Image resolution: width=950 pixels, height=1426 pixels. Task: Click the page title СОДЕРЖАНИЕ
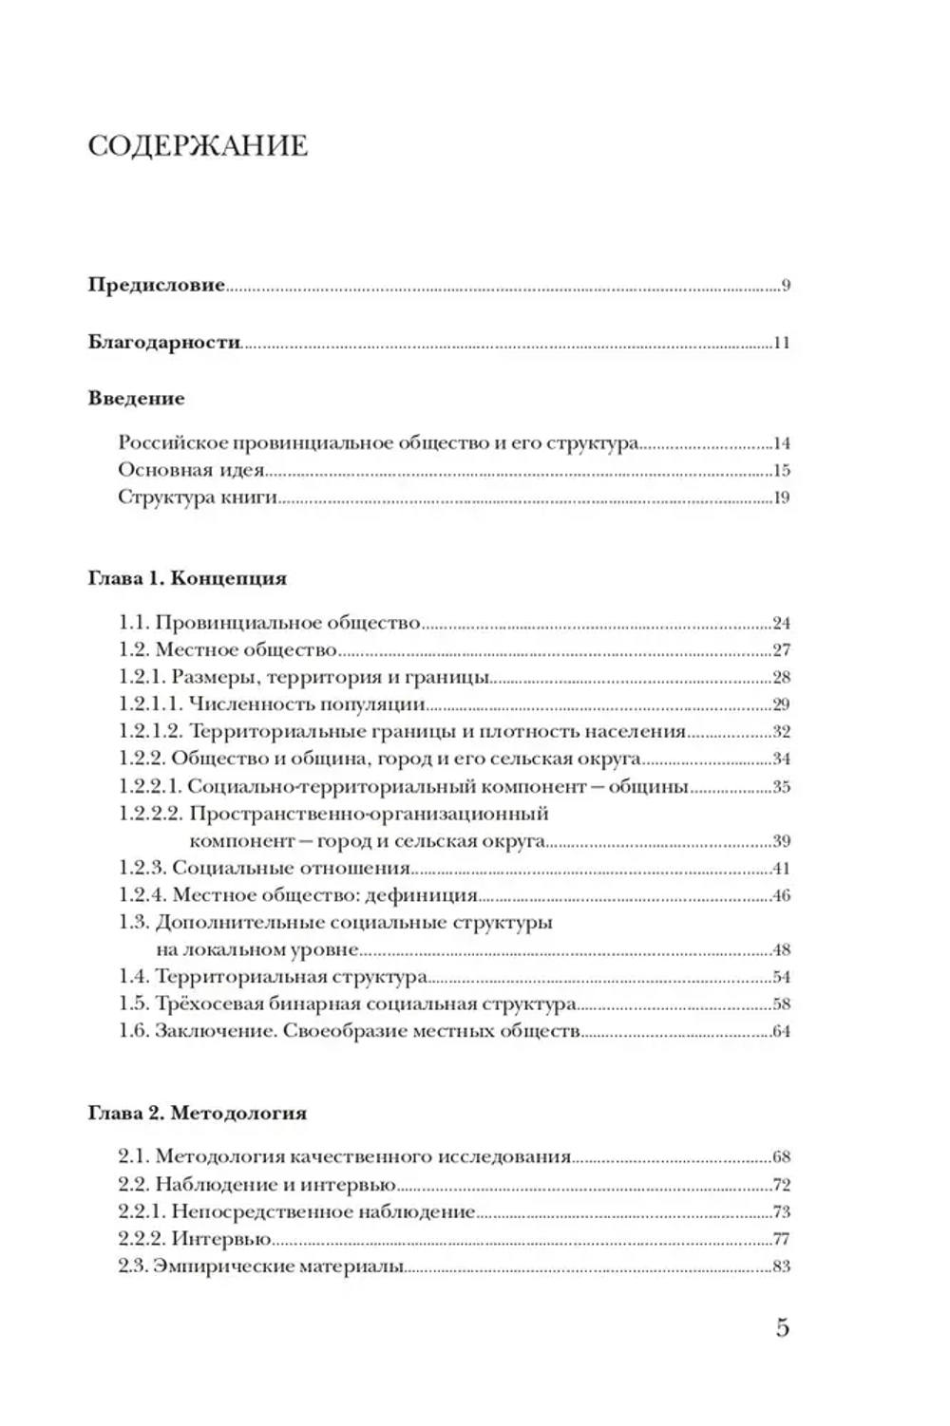point(198,146)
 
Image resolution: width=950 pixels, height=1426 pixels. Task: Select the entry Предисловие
point(157,285)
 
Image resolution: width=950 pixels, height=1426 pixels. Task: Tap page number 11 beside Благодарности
point(781,343)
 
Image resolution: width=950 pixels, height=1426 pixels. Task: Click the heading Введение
point(136,398)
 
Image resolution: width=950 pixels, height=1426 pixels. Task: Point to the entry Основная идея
point(190,470)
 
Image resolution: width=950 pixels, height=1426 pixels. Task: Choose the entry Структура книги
point(198,497)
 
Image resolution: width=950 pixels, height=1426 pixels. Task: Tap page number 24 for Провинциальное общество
point(781,624)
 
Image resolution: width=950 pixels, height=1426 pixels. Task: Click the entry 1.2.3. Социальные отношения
point(264,868)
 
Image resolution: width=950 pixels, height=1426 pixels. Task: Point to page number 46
point(781,895)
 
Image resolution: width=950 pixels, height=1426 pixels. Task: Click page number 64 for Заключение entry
point(781,1032)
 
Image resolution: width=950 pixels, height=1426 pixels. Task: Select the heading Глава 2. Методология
point(198,1113)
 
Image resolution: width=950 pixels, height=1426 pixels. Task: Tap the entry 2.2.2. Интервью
point(195,1238)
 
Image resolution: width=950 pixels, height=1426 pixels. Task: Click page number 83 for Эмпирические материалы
point(781,1266)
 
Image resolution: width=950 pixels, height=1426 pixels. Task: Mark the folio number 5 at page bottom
point(782,1327)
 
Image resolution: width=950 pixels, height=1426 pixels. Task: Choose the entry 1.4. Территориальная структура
point(273,977)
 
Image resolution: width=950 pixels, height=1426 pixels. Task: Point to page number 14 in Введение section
point(781,443)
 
